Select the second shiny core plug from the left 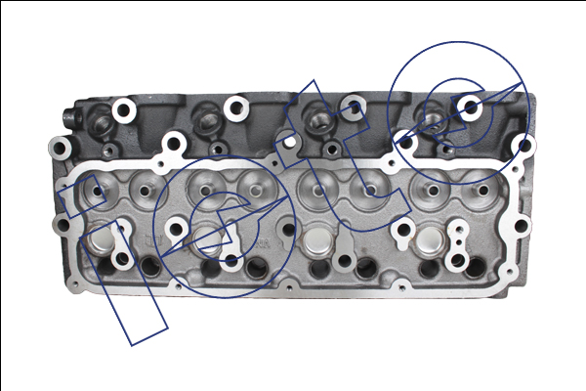point(208,239)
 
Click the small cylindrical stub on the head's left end point(70,118)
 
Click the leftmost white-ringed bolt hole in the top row point(124,110)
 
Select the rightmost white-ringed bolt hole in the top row point(470,108)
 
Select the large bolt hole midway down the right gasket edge point(521,226)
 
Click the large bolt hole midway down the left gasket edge point(63,226)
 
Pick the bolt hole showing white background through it point(289,143)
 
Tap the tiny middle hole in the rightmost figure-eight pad point(459,242)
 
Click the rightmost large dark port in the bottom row point(475,267)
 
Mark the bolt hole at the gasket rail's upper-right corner point(524,146)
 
